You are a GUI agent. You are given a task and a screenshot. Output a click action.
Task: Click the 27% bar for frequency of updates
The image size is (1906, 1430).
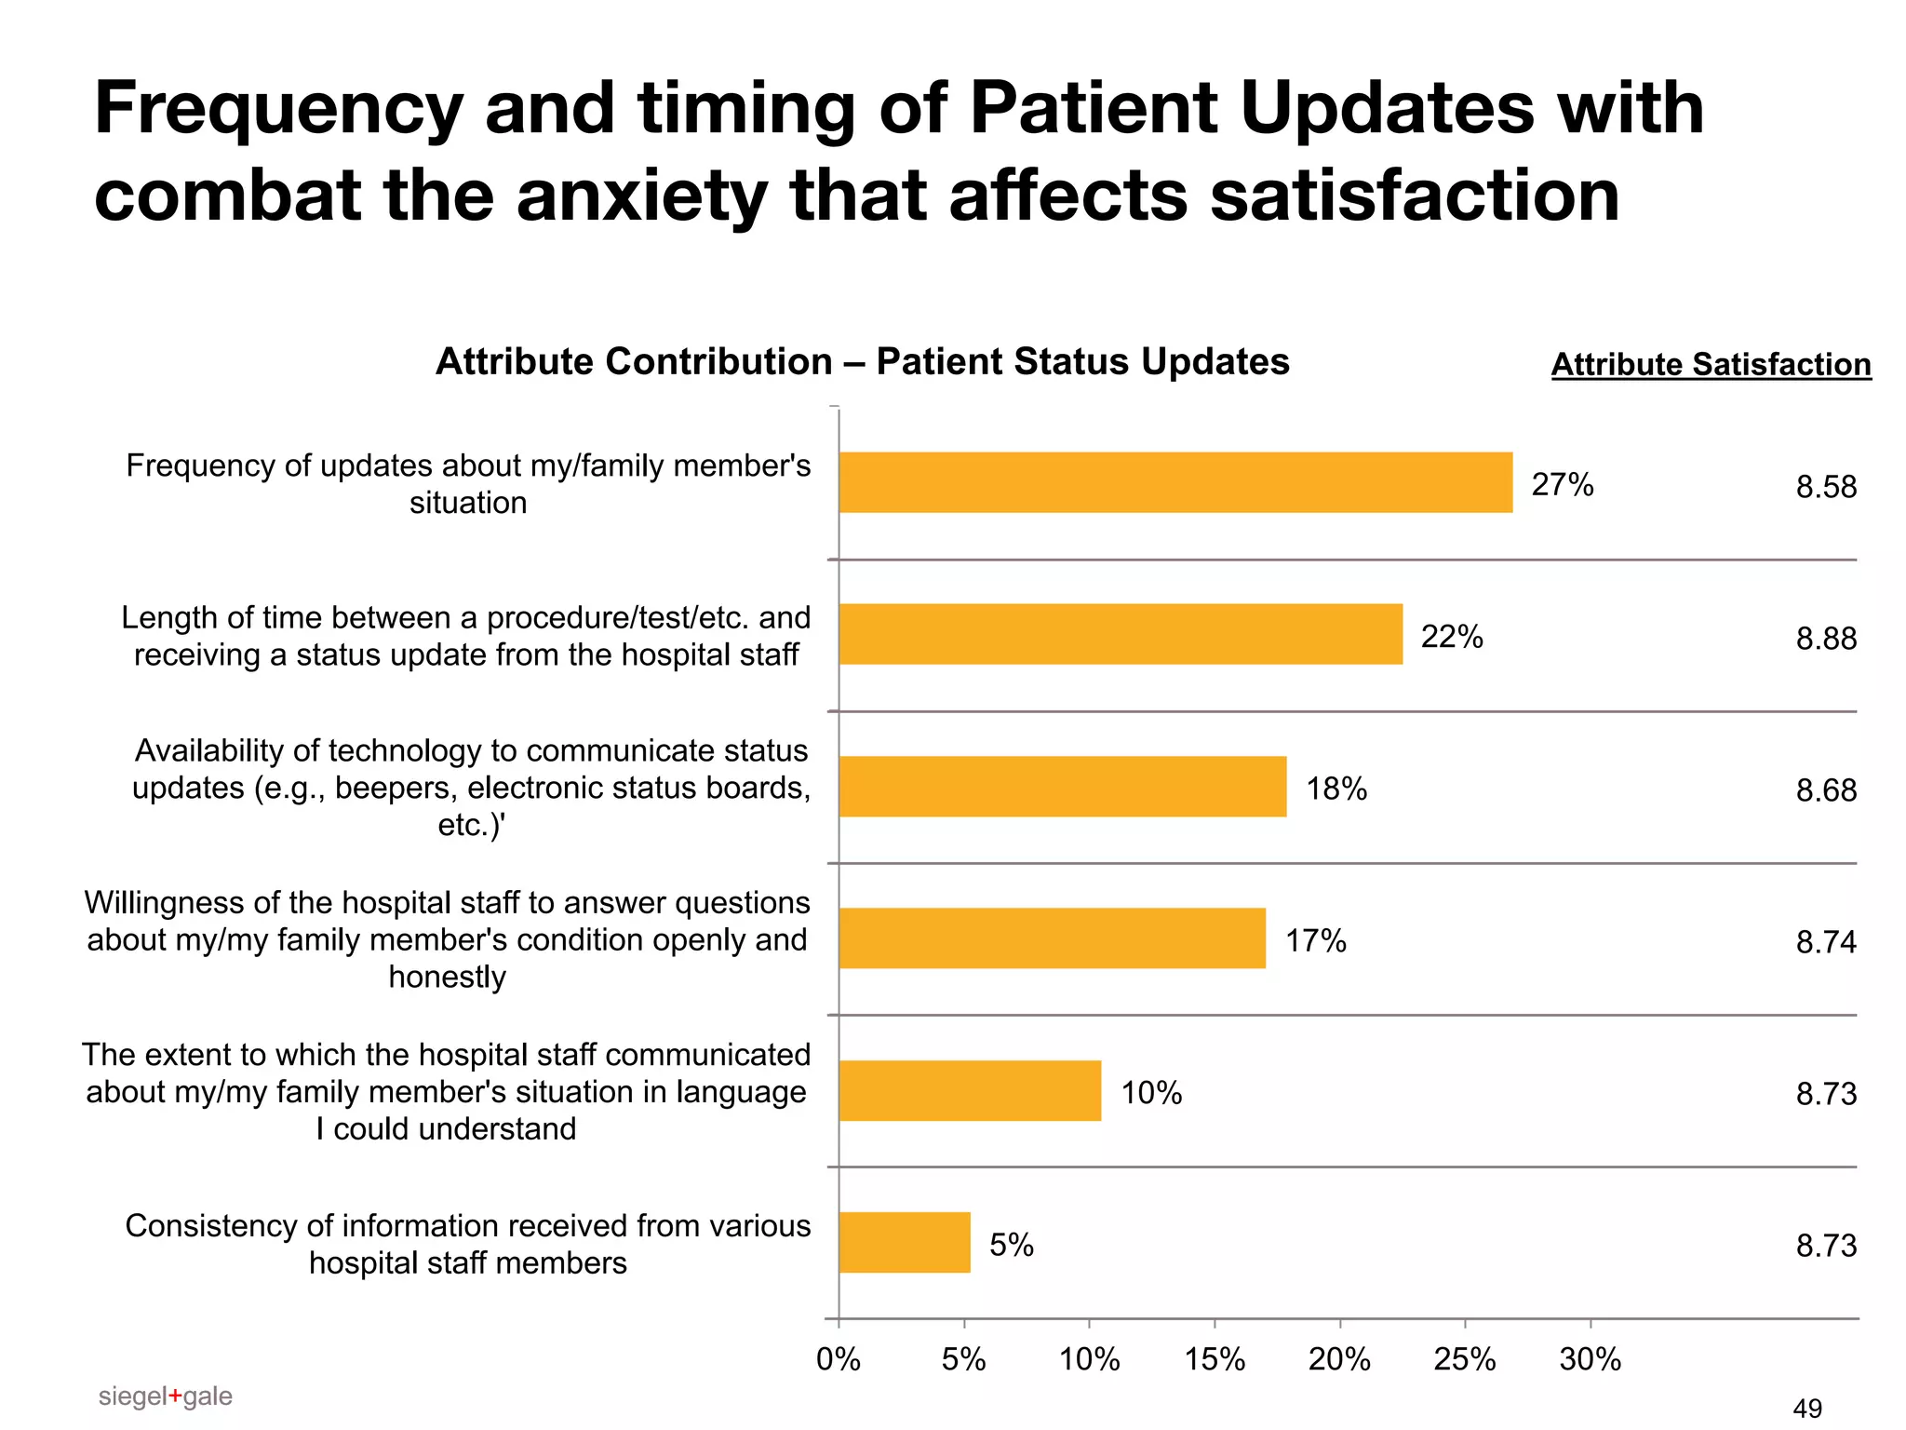1174,482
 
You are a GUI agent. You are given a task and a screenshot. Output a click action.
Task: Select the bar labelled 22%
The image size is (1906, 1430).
1120,634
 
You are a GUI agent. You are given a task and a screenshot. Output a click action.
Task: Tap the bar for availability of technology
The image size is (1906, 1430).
1062,787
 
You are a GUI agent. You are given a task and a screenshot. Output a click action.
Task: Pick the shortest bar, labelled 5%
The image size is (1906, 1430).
904,1242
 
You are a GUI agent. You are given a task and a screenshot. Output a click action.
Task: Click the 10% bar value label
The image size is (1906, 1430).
1151,1092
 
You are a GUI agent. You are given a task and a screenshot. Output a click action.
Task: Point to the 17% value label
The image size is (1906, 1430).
1315,940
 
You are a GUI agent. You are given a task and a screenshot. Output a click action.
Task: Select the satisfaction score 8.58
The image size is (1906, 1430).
1825,487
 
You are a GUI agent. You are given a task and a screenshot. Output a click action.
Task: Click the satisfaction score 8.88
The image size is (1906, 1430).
1825,639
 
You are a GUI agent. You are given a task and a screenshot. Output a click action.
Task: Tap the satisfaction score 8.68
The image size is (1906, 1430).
1825,790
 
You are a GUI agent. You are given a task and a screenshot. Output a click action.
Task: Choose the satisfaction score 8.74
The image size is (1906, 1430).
1825,942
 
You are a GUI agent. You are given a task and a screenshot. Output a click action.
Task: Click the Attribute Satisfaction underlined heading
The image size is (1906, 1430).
1711,364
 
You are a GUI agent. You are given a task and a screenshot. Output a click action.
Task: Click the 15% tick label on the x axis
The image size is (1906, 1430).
1215,1360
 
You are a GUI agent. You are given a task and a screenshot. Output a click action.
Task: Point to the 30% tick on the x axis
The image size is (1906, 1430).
1590,1360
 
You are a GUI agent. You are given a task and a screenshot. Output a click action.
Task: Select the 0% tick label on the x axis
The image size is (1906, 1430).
838,1360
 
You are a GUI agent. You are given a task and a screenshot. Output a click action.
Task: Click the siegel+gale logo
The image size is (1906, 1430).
165,1396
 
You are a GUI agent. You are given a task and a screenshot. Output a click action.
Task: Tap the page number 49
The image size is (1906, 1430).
1806,1409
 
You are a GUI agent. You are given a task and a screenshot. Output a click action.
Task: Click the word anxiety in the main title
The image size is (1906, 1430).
641,196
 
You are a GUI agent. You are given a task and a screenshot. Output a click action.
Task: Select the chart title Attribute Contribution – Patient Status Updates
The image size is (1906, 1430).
862,361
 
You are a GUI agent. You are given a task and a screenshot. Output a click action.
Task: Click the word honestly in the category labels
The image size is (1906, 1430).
447,977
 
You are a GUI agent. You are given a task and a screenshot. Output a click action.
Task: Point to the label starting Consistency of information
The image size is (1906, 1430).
467,1244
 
